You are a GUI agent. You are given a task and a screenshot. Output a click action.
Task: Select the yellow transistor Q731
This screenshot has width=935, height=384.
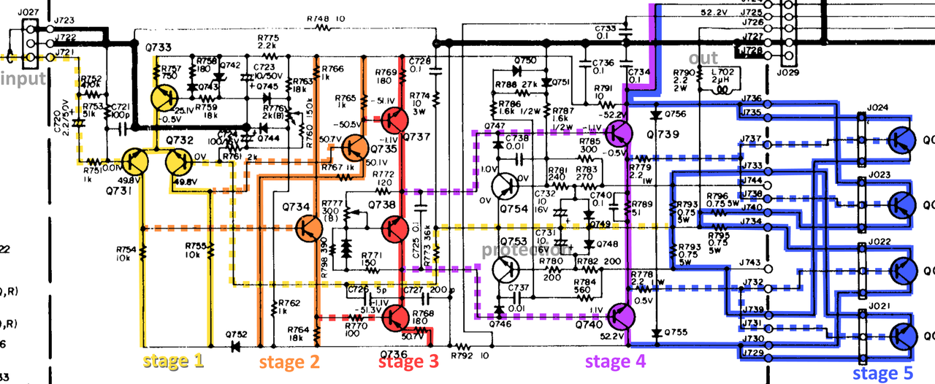[135, 161]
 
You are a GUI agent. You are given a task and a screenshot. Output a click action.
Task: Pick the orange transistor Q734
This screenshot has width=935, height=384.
[310, 229]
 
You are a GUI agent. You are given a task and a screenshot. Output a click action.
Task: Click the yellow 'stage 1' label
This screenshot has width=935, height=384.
[172, 360]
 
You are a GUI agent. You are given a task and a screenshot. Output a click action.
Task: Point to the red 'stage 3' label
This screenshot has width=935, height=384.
[408, 361]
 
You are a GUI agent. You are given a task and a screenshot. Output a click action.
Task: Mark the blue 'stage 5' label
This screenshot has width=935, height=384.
[883, 373]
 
